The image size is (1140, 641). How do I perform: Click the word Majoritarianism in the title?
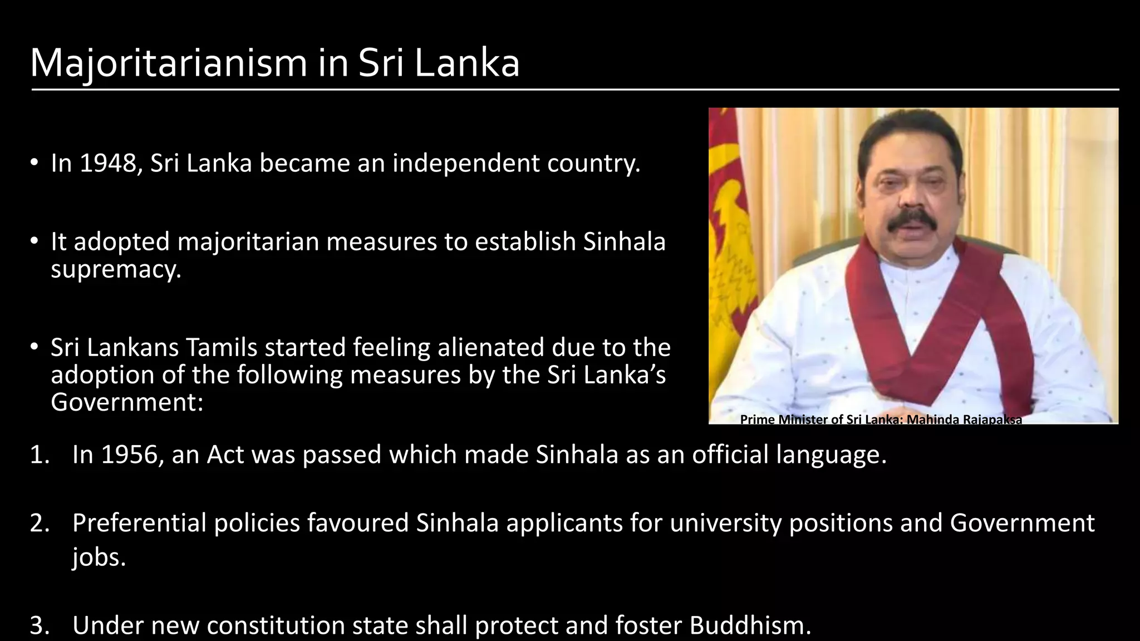coord(169,63)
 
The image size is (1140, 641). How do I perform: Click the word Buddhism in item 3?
coord(750,625)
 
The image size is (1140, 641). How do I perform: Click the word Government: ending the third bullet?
coord(127,402)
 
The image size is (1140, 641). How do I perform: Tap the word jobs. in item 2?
coord(99,557)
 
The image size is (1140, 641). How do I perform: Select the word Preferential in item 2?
coord(139,523)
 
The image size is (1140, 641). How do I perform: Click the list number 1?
coord(39,455)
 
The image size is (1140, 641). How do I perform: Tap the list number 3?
coord(39,625)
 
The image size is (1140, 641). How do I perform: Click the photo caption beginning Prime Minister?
coord(881,419)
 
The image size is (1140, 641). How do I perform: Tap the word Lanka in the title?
coord(466,63)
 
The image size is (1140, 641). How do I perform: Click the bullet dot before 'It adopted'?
coord(35,241)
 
